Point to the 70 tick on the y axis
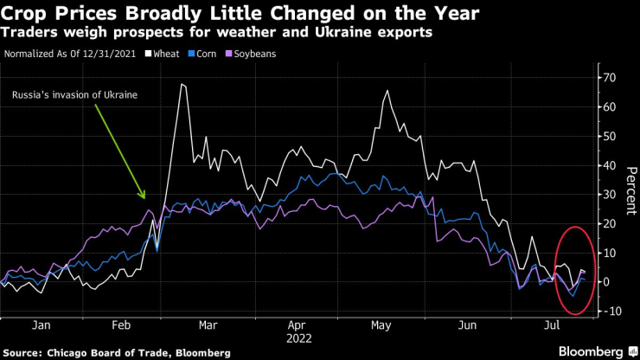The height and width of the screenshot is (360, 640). pyautogui.click(x=609, y=78)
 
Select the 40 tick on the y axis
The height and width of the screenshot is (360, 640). pyautogui.click(x=609, y=165)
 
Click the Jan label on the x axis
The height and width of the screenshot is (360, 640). pyautogui.click(x=39, y=326)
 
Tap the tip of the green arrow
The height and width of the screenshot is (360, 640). pyautogui.click(x=145, y=200)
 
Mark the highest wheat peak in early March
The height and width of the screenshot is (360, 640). pyautogui.click(x=182, y=84)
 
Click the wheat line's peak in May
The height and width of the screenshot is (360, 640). pyautogui.click(x=387, y=90)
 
